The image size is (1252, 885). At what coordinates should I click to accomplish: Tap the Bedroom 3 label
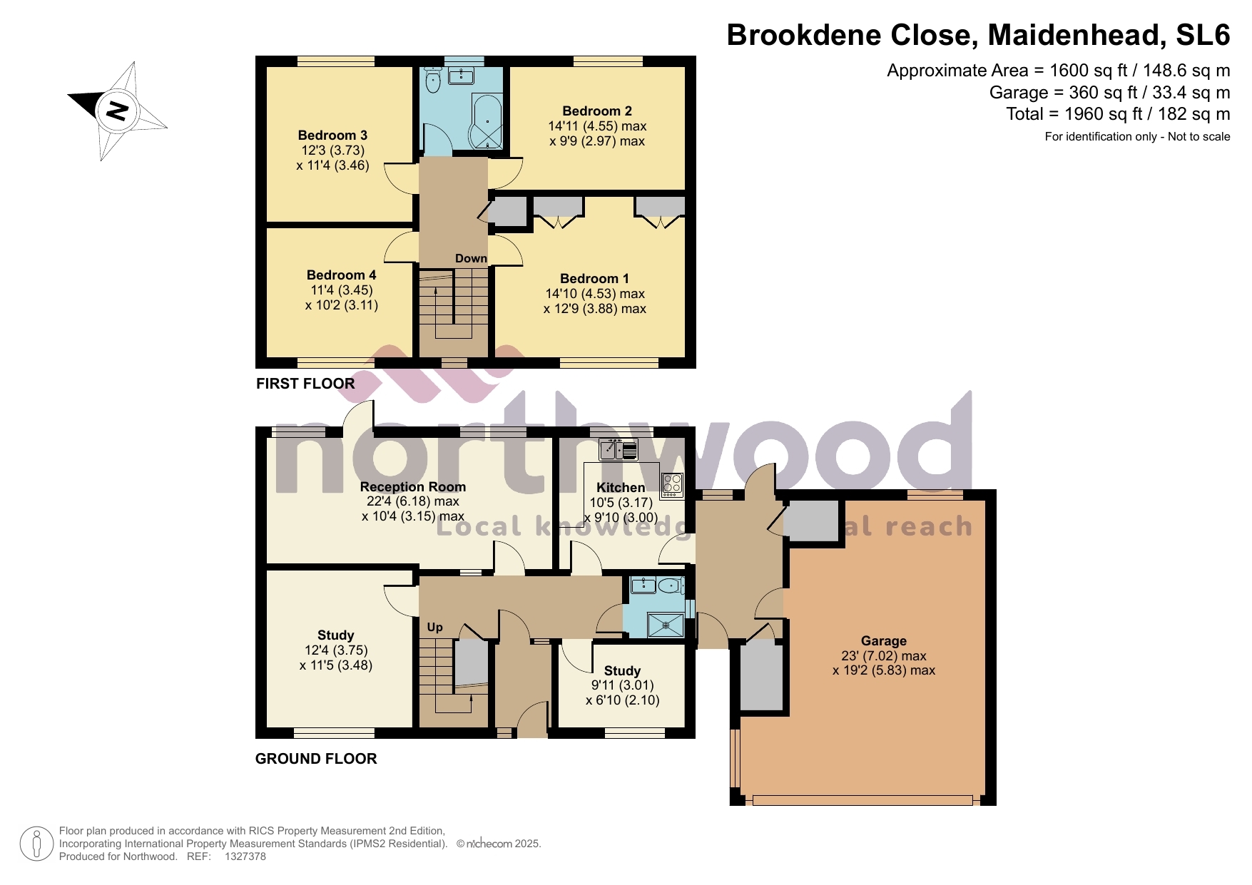332,135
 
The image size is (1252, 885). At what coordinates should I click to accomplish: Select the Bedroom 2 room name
597,111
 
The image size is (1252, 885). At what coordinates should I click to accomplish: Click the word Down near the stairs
471,258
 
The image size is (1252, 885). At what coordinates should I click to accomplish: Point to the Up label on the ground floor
434,627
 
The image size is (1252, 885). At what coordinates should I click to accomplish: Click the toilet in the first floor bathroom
432,81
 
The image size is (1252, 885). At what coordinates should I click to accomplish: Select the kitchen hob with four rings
672,485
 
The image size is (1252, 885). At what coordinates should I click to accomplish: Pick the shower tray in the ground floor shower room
665,625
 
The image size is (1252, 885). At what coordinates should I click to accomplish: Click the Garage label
883,641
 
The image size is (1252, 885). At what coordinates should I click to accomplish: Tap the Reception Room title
412,487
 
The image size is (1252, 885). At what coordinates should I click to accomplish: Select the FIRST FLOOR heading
305,384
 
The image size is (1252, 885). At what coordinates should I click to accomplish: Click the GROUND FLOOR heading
315,759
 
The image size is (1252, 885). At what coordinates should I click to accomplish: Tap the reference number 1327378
245,856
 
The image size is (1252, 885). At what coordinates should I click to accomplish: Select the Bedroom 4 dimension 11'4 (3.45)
341,290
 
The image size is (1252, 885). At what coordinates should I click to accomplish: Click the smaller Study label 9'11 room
622,671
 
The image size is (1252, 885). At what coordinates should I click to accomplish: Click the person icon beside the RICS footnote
36,844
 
